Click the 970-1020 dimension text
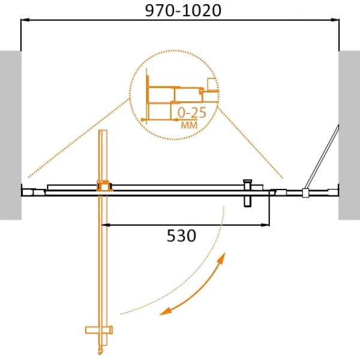183,11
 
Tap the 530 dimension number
181,236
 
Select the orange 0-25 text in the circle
192,113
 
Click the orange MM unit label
189,125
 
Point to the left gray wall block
11,135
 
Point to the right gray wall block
349,135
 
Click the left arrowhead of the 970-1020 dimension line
25,20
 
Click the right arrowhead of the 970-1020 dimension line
335,20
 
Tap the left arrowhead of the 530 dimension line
106,225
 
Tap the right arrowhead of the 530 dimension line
265,225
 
